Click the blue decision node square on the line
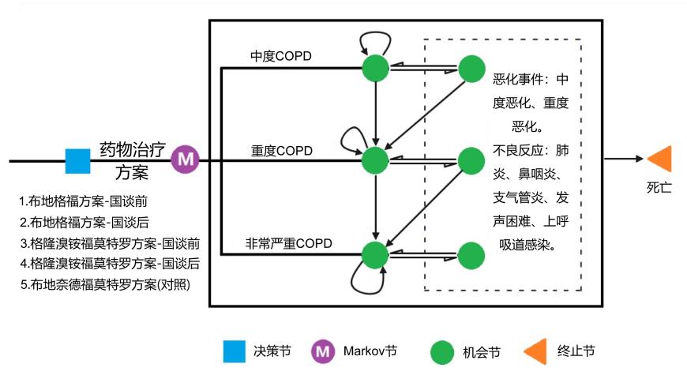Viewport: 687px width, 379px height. pyautogui.click(x=77, y=161)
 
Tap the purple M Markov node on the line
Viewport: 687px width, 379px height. pyautogui.click(x=186, y=159)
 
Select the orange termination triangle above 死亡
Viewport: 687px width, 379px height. pyautogui.click(x=660, y=158)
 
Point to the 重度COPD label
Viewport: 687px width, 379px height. pyautogui.click(x=282, y=150)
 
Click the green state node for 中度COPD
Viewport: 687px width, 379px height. pyautogui.click(x=375, y=68)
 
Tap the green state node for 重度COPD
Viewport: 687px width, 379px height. pyautogui.click(x=375, y=161)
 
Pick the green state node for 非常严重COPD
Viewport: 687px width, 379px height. pyautogui.click(x=375, y=254)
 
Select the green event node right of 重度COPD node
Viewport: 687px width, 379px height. pyautogui.click(x=471, y=161)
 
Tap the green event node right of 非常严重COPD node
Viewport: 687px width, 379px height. pyautogui.click(x=471, y=254)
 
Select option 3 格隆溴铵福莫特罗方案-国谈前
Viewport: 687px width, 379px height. pyautogui.click(x=110, y=242)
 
